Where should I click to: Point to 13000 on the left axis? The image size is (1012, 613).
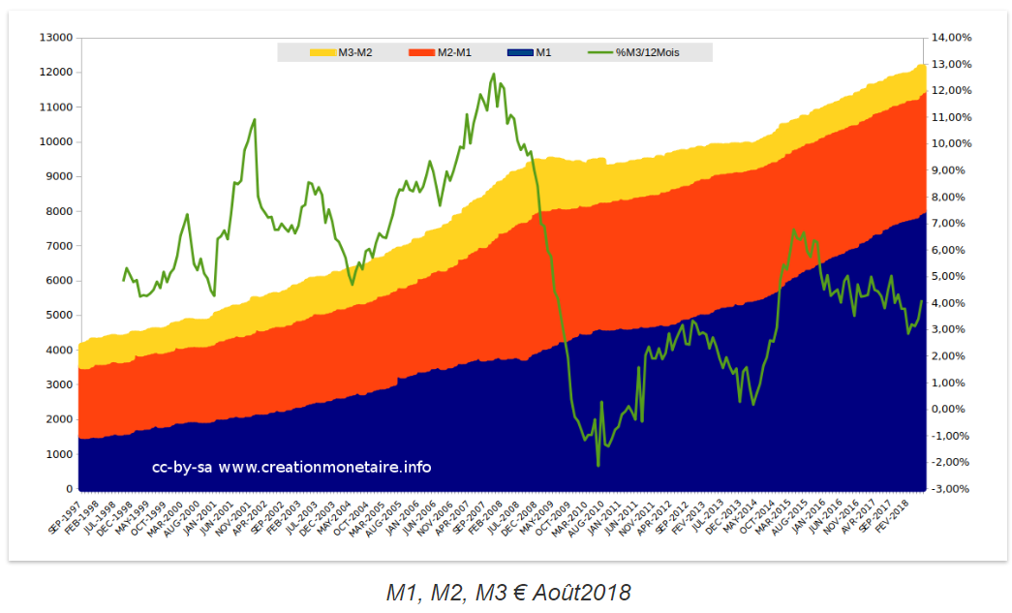tap(55, 38)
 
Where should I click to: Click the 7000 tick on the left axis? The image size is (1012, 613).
tap(59, 246)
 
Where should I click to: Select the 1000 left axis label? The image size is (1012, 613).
tap(59, 454)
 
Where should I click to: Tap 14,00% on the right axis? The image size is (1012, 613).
tap(953, 38)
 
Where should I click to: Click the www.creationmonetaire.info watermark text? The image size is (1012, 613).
tap(324, 468)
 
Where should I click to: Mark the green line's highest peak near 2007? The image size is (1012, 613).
tap(494, 75)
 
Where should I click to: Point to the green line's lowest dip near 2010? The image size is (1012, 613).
tap(598, 466)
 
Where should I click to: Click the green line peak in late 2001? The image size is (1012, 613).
tap(255, 120)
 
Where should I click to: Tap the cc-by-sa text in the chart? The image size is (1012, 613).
tap(181, 468)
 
